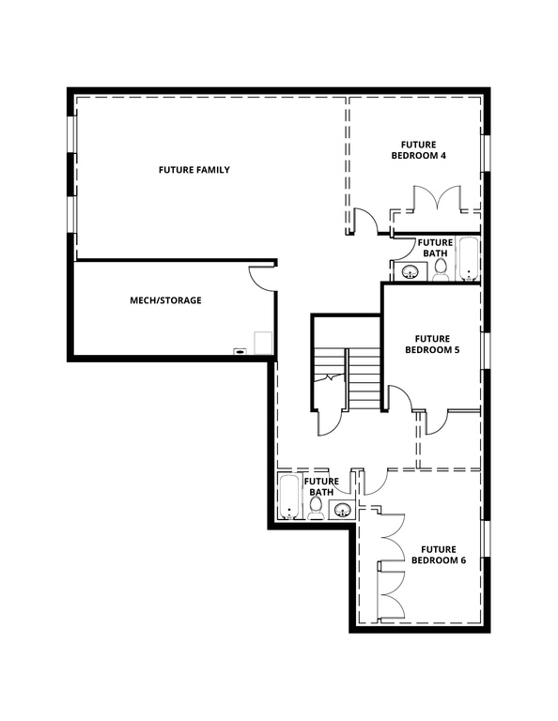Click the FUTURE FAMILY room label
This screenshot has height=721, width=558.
[x=194, y=170]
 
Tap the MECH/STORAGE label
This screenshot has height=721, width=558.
[x=165, y=300]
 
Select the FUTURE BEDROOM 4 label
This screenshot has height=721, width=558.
[x=418, y=150]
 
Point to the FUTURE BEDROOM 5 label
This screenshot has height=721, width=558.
[x=427, y=344]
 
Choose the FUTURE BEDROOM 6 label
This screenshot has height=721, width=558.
[x=438, y=555]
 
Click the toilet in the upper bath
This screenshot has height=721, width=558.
[x=440, y=270]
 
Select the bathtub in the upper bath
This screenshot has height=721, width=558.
[x=468, y=260]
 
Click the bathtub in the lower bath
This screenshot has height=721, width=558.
[x=288, y=498]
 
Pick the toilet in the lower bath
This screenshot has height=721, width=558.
[x=316, y=511]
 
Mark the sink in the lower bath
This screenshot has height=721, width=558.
[x=343, y=510]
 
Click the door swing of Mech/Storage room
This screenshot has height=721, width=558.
[x=261, y=279]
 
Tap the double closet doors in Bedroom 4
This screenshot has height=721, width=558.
[x=434, y=199]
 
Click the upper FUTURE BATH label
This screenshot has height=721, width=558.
[x=435, y=248]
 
